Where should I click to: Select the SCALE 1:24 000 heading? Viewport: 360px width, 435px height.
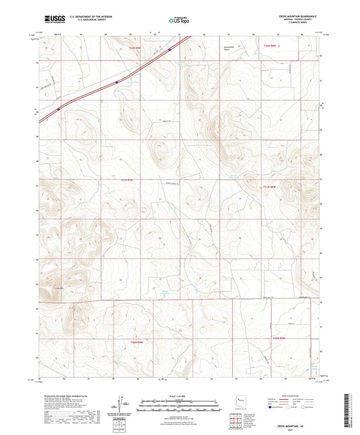coord(179,395)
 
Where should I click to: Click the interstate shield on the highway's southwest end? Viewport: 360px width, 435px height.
coord(59,107)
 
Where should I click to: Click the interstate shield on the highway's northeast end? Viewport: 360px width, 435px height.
coord(170,49)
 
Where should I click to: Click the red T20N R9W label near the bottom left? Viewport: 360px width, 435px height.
coord(136,342)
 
